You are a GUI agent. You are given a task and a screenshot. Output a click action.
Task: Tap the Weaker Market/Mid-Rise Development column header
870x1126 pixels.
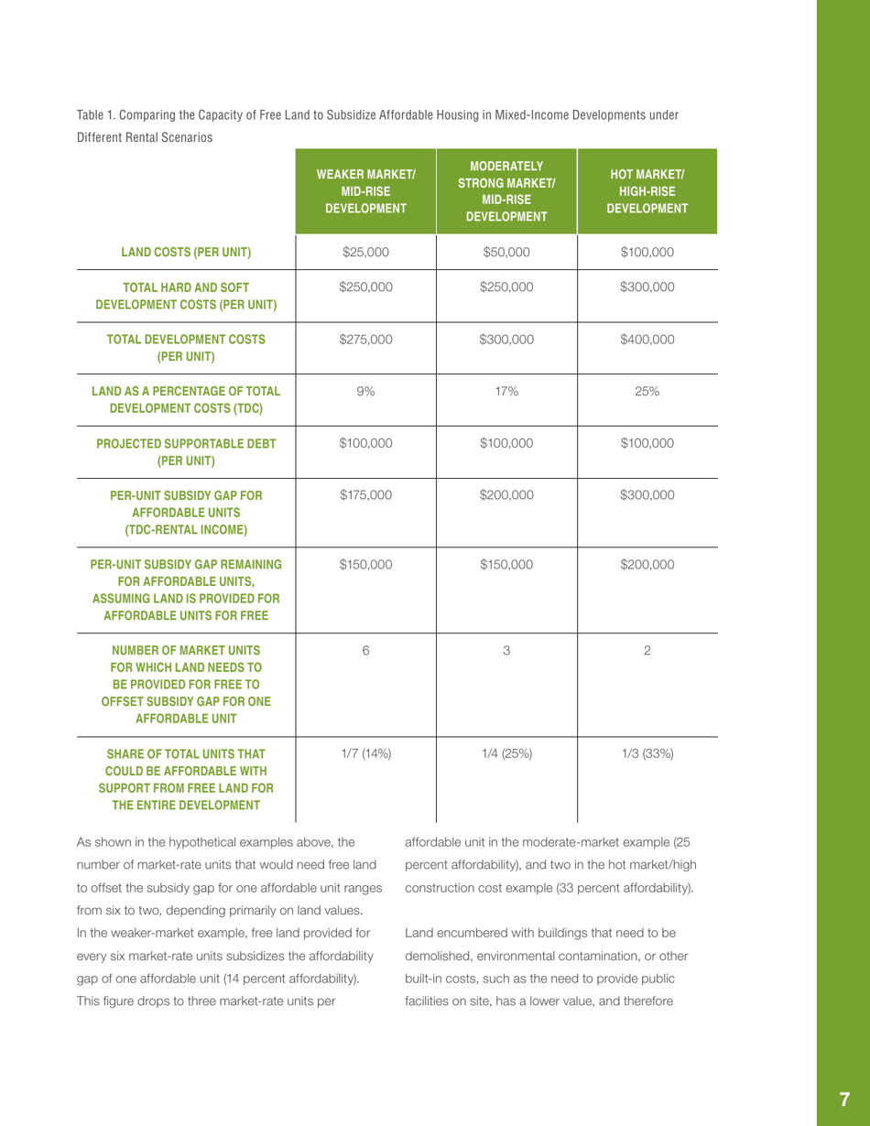click(x=365, y=193)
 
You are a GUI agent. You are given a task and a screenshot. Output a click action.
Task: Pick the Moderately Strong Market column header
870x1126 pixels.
click(x=506, y=193)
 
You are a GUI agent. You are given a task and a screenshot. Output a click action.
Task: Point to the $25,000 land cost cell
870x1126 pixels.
click(x=365, y=251)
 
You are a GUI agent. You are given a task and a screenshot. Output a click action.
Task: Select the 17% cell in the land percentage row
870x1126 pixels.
click(x=506, y=390)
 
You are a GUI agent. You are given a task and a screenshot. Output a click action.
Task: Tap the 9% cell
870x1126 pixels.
click(x=365, y=390)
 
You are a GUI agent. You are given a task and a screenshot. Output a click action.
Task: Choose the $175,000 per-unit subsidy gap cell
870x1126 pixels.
click(x=365, y=495)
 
